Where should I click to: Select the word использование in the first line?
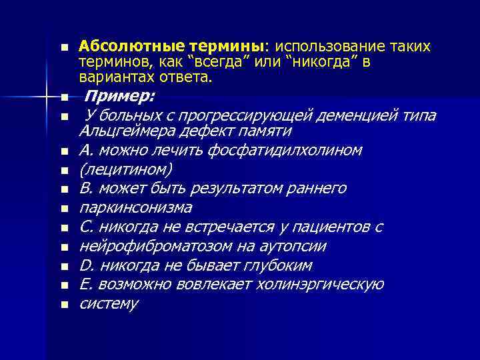326,47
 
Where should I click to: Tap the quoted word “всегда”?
218,63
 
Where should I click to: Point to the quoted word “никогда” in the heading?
319,63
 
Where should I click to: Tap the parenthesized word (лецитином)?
125,169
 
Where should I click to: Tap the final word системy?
109,304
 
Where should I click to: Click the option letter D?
85,266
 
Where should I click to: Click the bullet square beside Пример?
63,97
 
